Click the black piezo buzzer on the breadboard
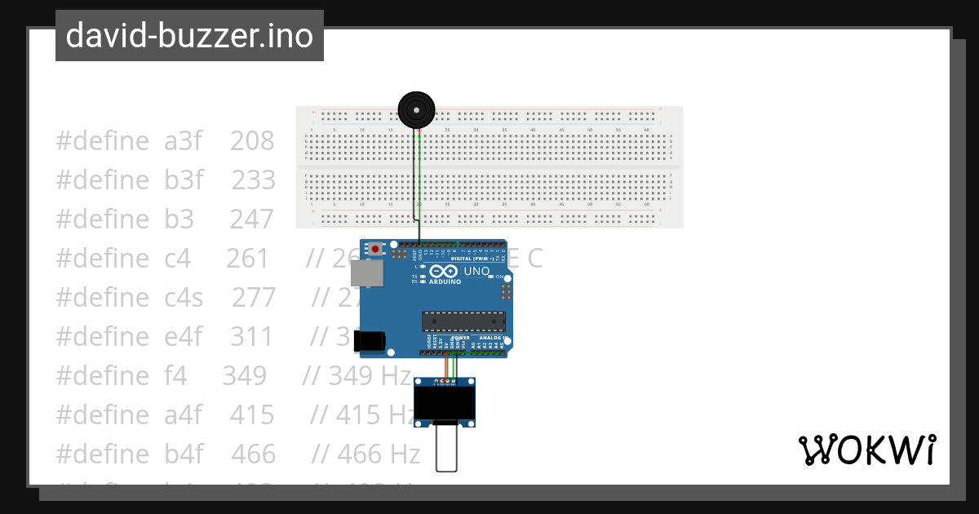(416, 109)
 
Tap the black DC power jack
(369, 341)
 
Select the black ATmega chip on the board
(463, 321)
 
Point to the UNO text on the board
(477, 271)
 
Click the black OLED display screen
(445, 401)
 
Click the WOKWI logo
(866, 450)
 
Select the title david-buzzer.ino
(189, 36)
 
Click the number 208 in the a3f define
(252, 141)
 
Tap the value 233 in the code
(254, 179)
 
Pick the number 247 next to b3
(253, 219)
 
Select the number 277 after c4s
(254, 297)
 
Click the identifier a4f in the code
(184, 414)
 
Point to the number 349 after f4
(244, 375)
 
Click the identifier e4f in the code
(184, 336)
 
